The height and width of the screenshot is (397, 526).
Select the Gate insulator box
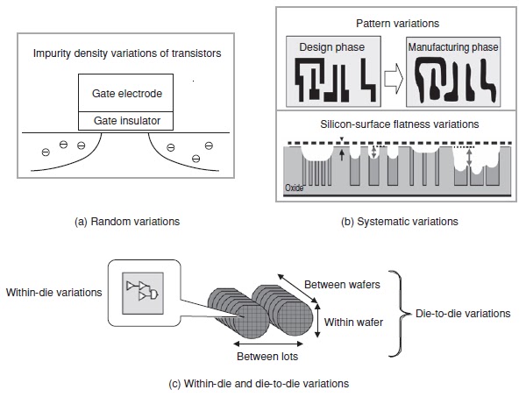(x=127, y=120)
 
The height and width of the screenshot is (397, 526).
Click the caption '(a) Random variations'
(x=127, y=221)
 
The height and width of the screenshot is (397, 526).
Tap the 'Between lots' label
(x=267, y=358)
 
